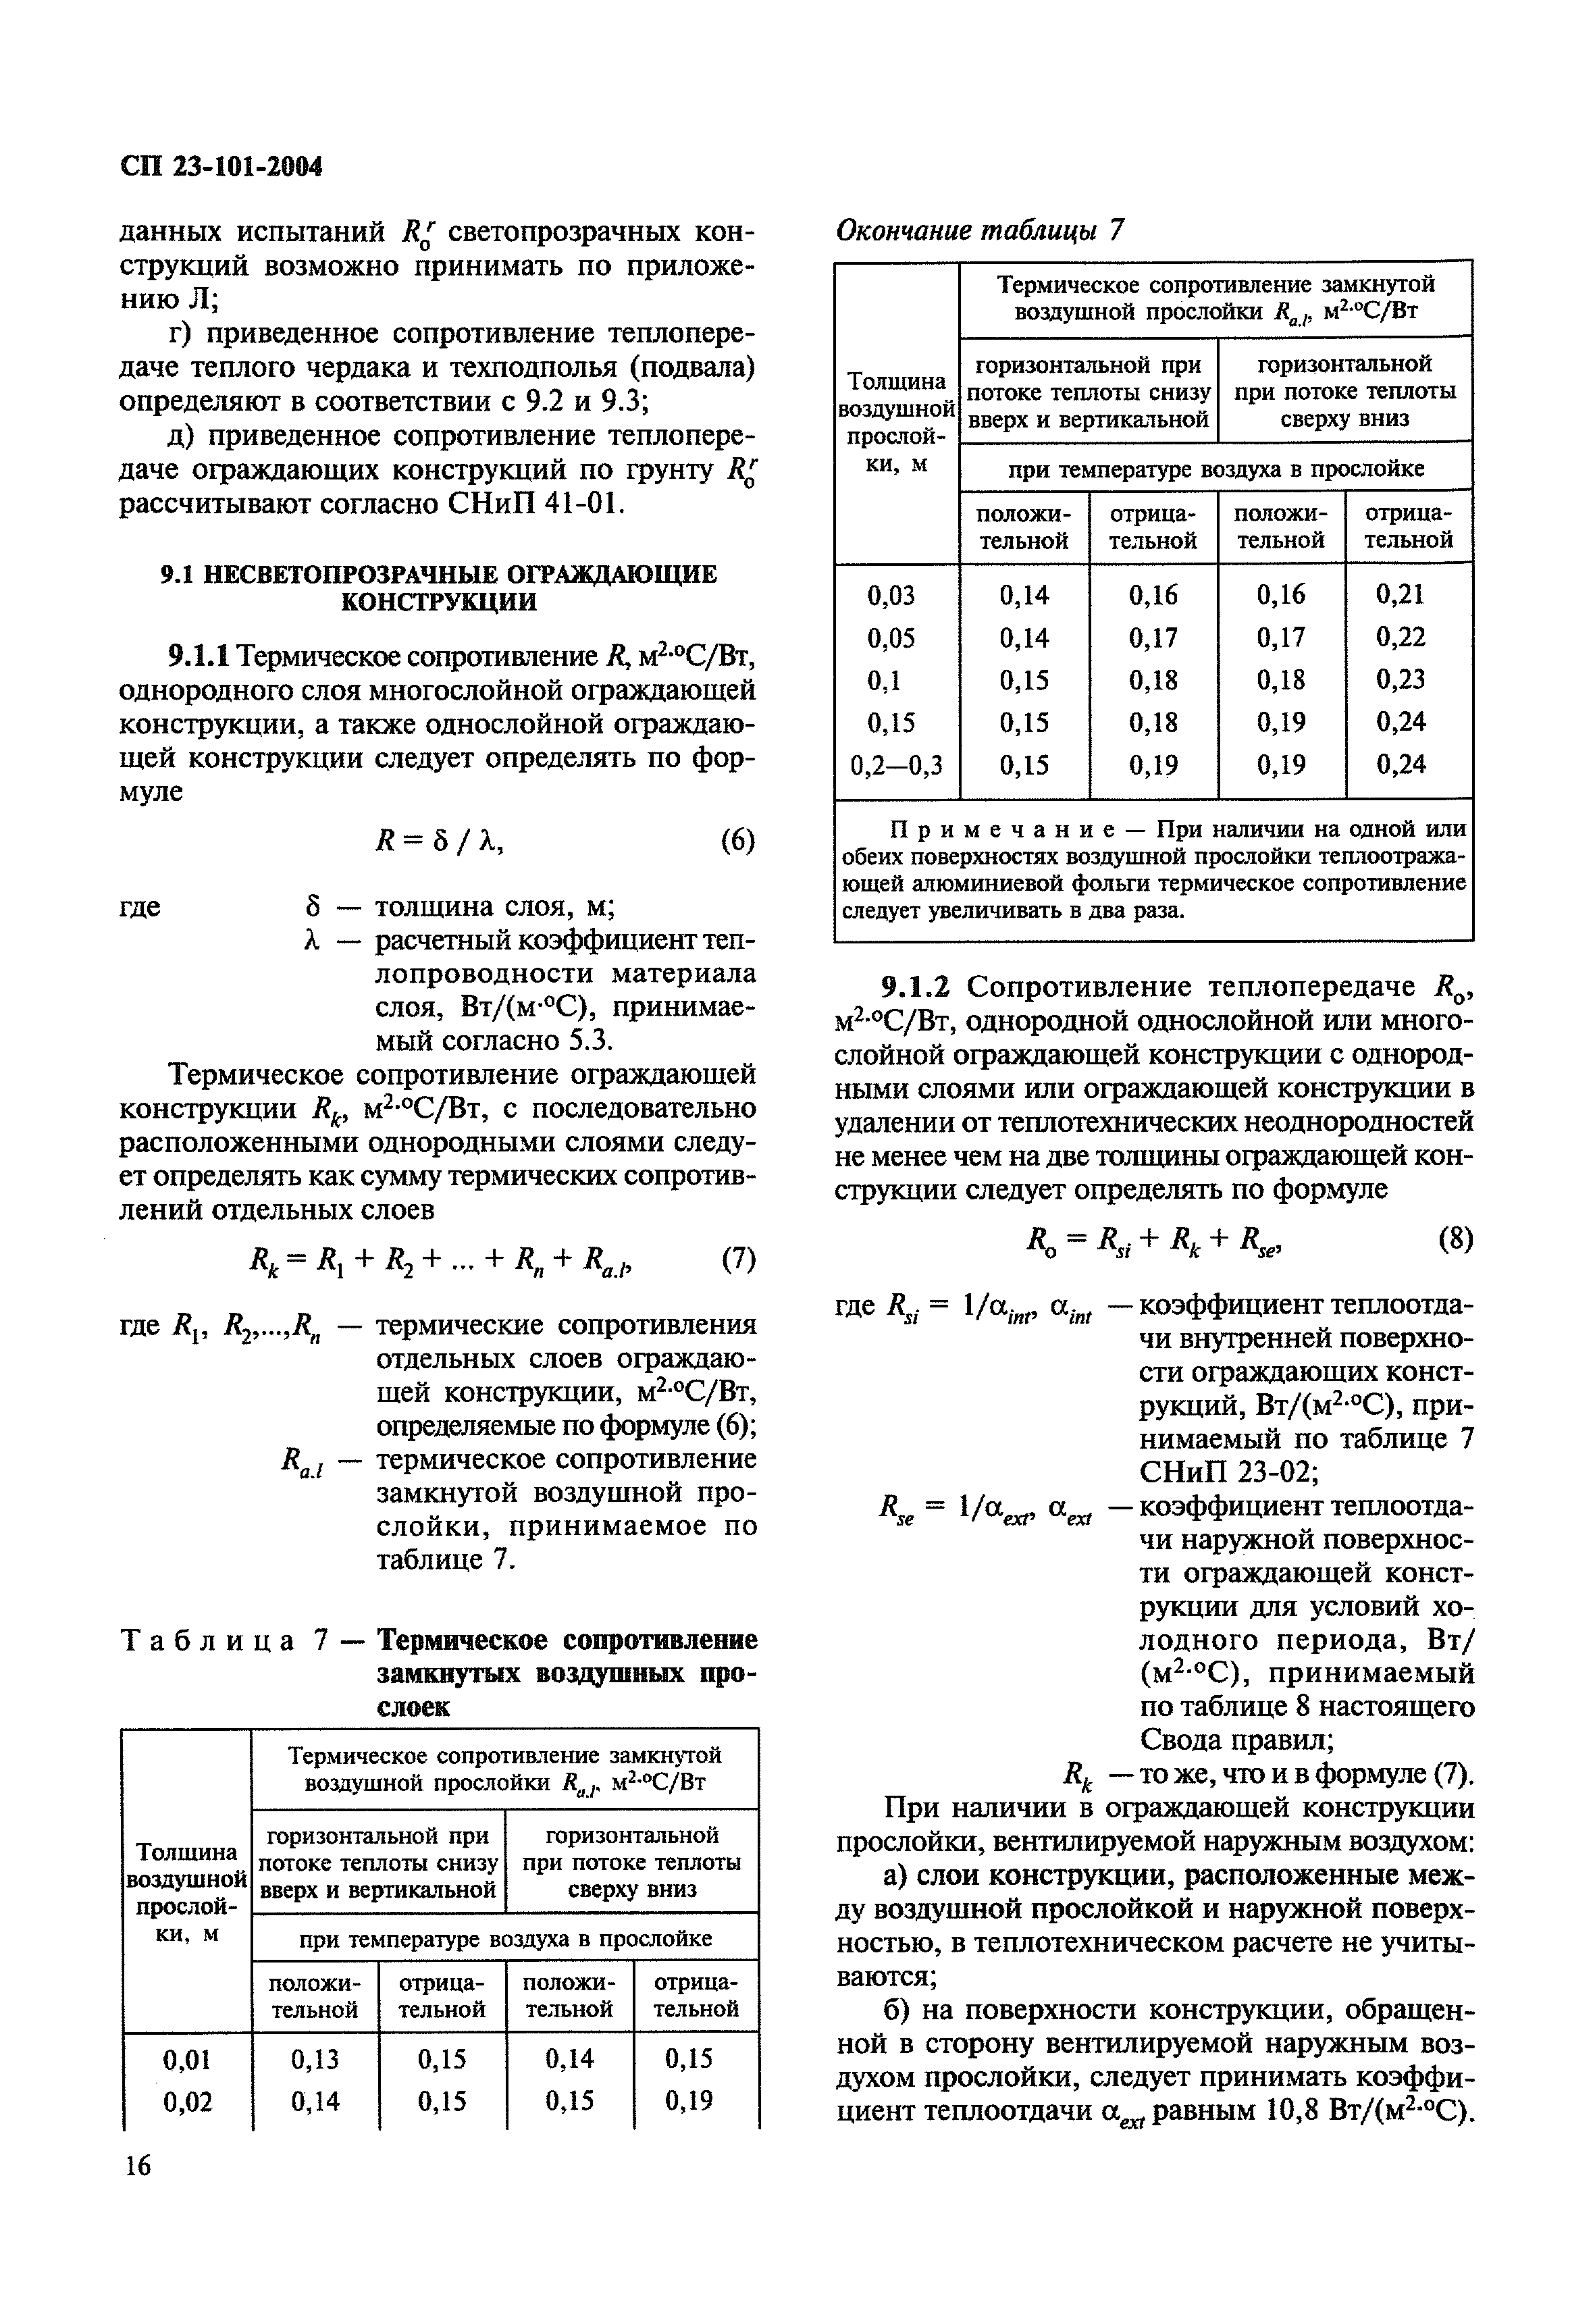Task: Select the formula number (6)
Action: [737, 841]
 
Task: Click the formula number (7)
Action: [737, 1258]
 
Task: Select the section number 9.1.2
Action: [918, 987]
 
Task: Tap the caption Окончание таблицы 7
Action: [979, 231]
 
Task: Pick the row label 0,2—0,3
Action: [897, 766]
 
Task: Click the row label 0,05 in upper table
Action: [891, 638]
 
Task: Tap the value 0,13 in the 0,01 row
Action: [315, 2058]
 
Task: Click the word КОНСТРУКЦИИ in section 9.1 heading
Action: [439, 602]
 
